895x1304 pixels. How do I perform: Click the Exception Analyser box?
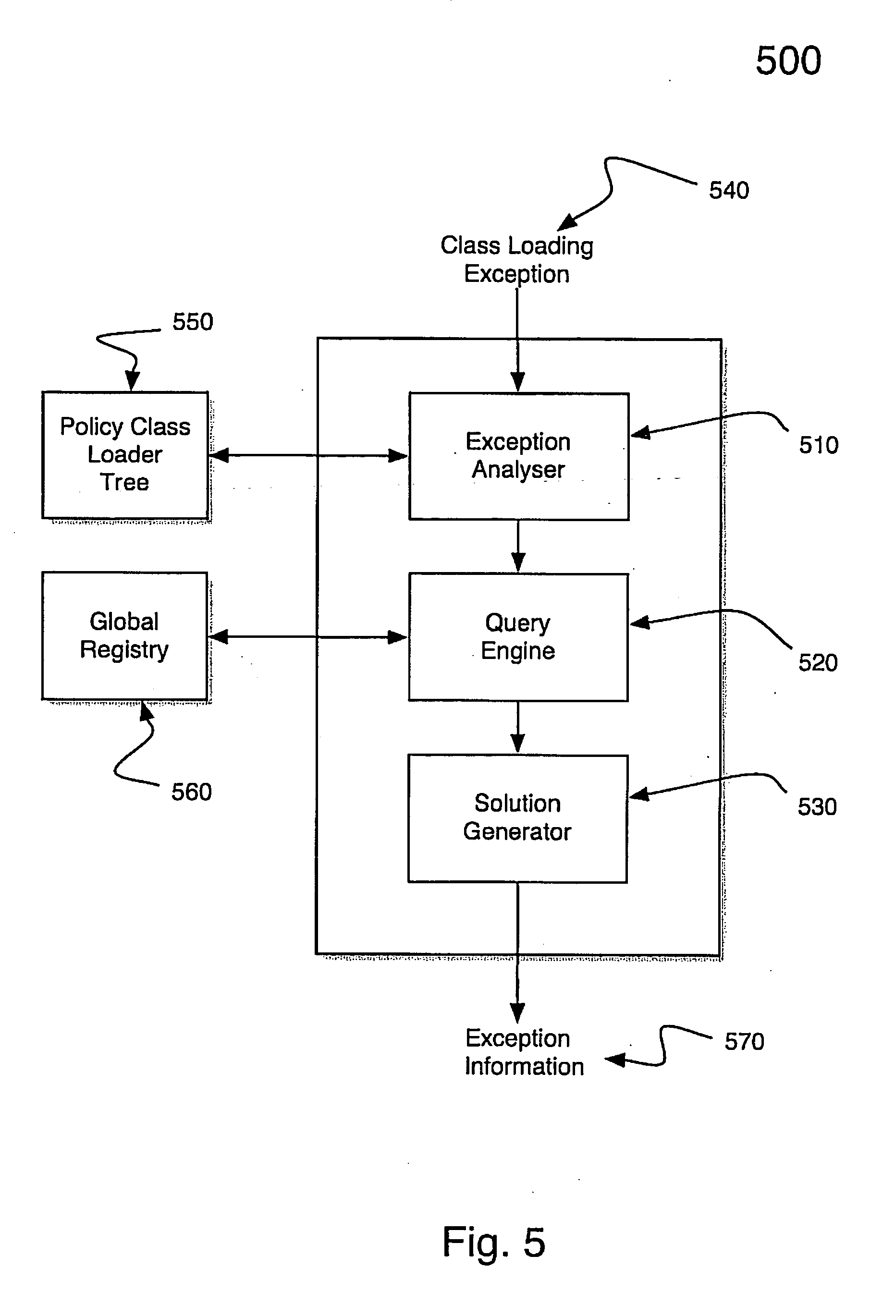518,456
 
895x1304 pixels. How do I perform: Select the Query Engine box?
518,637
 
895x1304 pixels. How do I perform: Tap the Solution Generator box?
517,818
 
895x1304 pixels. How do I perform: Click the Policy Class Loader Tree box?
125,454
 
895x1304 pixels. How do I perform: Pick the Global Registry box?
124,636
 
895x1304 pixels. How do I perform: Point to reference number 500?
788,61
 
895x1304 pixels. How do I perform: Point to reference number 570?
744,1042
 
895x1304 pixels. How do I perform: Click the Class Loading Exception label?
517,260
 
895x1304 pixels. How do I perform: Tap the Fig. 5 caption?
494,1242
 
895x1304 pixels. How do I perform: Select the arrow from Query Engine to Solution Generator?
517,727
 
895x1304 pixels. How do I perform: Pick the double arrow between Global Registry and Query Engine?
307,637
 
